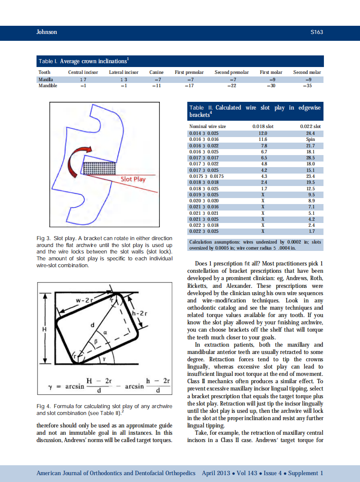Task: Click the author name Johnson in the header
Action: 46,32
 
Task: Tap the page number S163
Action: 316,32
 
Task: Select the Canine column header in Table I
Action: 156,72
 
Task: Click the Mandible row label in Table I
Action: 48,85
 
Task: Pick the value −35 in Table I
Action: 307,85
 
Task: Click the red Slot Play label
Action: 133,179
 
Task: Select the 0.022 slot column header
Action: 310,126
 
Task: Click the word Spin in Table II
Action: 310,139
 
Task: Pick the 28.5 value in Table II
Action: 310,158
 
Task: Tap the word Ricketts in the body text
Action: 198,286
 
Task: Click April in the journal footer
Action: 211,473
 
